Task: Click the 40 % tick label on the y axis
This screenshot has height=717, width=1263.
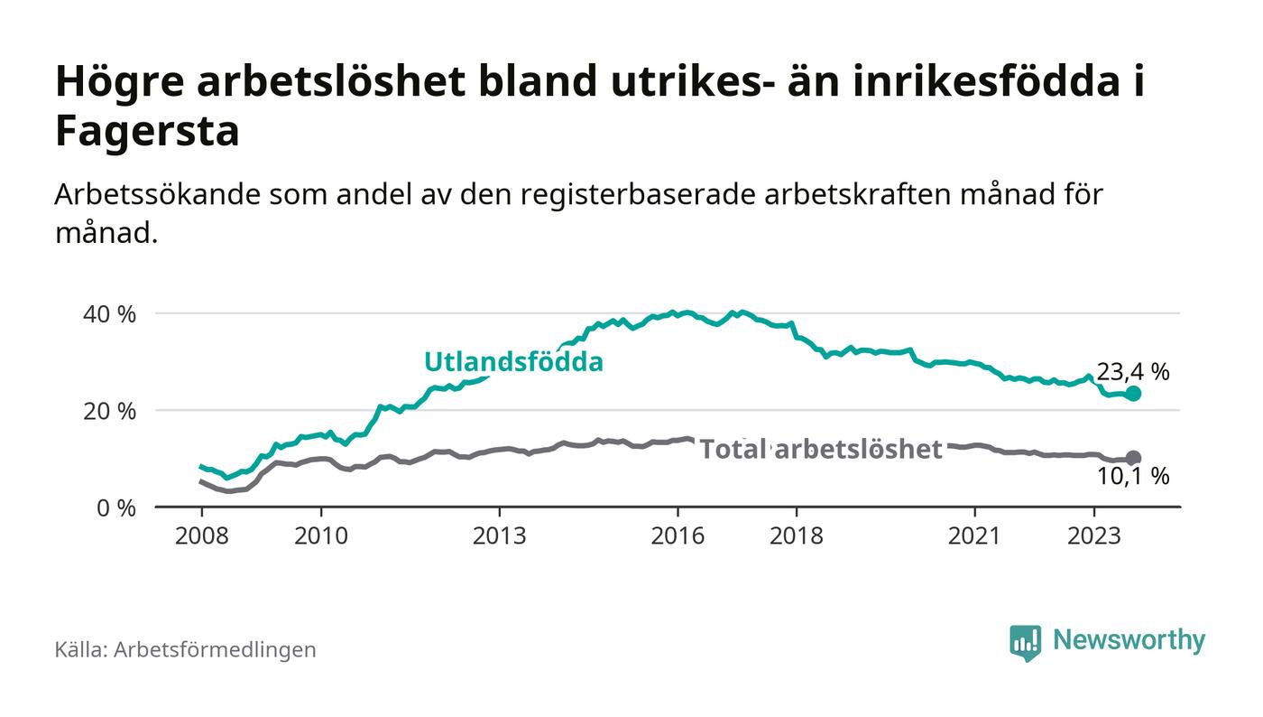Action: coord(109,314)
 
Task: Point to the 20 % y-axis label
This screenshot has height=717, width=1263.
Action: coord(109,412)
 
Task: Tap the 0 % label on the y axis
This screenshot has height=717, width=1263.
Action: coord(116,508)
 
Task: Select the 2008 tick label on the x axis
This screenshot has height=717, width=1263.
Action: coord(202,535)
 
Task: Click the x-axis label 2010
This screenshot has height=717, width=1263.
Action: coord(321,535)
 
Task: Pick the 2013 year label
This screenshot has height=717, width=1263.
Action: coord(499,535)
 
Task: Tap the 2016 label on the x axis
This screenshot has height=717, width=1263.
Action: coord(678,535)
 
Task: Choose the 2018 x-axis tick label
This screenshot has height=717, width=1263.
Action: coord(796,535)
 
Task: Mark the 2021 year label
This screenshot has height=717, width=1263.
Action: coord(974,535)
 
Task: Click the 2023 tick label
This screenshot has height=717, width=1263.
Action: coord(1093,535)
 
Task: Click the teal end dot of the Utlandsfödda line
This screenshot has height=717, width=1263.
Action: coord(1133,394)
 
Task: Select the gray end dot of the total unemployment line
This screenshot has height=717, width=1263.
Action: coord(1133,458)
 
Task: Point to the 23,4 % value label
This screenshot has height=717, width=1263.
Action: coord(1133,372)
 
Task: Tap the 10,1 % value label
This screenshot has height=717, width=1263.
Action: coord(1133,477)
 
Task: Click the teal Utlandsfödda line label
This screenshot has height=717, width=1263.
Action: coord(513,362)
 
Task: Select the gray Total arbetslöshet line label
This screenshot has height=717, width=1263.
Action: coord(821,450)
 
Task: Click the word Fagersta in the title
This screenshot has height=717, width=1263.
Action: coord(147,131)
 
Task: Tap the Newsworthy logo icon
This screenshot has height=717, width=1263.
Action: coord(1025,643)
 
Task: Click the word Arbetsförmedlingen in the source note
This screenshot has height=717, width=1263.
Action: coord(215,650)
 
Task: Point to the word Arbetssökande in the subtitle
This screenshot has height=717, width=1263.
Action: coord(157,195)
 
